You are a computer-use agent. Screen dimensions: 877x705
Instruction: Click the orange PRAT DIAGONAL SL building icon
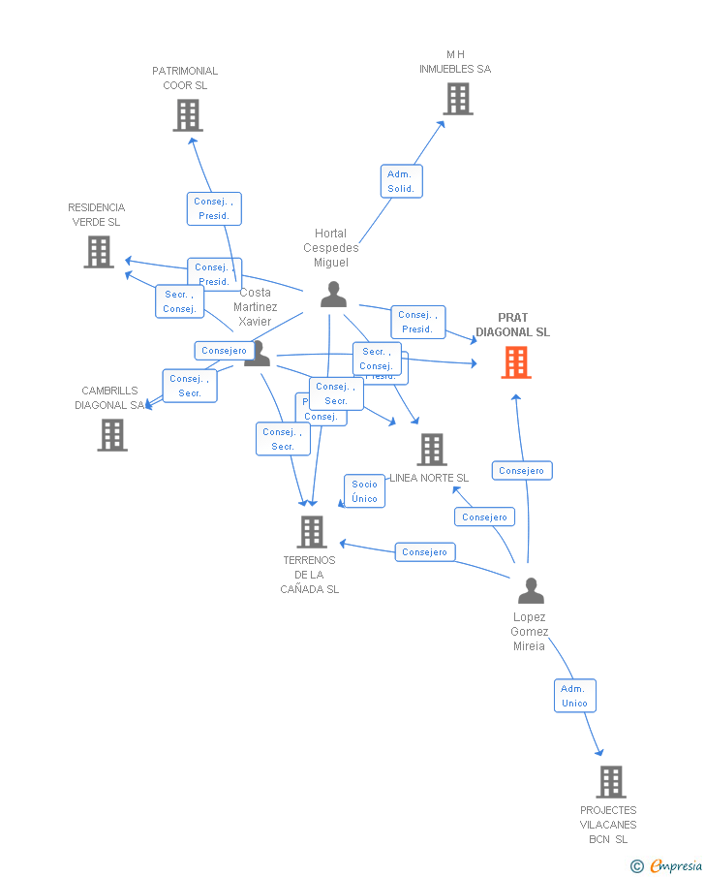pyautogui.click(x=516, y=362)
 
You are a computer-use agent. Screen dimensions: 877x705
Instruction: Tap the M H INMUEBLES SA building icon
pyautogui.click(x=457, y=99)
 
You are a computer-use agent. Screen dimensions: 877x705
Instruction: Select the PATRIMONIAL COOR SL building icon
pyautogui.click(x=187, y=115)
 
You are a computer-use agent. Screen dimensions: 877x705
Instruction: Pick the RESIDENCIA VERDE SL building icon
pyautogui.click(x=98, y=252)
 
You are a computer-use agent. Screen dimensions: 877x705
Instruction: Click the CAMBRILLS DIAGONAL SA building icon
pyautogui.click(x=112, y=435)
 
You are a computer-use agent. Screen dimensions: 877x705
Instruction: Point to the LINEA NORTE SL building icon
pyautogui.click(x=432, y=450)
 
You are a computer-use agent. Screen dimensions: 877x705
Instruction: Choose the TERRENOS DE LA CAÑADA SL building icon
pyautogui.click(x=311, y=532)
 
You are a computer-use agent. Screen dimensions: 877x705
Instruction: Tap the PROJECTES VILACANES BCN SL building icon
pyautogui.click(x=610, y=781)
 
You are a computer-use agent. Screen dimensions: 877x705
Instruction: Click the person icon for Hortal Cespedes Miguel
pyautogui.click(x=333, y=295)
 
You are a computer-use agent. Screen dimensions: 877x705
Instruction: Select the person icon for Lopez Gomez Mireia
pyautogui.click(x=531, y=590)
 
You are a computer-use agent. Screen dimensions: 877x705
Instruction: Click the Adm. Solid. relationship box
pyautogui.click(x=401, y=181)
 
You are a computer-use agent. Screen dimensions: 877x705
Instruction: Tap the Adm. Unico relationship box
pyautogui.click(x=574, y=696)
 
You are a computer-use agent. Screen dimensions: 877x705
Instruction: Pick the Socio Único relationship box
pyautogui.click(x=365, y=491)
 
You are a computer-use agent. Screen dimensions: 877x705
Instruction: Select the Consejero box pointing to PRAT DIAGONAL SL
pyautogui.click(x=522, y=471)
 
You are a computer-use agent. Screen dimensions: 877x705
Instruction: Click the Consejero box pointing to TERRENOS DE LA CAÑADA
pyautogui.click(x=424, y=552)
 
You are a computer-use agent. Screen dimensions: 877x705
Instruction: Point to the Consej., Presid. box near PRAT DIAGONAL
pyautogui.click(x=418, y=322)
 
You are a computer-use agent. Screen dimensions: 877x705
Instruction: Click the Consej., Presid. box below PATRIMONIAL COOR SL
pyautogui.click(x=213, y=208)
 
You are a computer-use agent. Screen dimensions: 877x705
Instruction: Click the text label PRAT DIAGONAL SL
pyautogui.click(x=512, y=325)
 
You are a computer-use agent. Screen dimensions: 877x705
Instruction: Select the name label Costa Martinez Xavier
pyautogui.click(x=256, y=306)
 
